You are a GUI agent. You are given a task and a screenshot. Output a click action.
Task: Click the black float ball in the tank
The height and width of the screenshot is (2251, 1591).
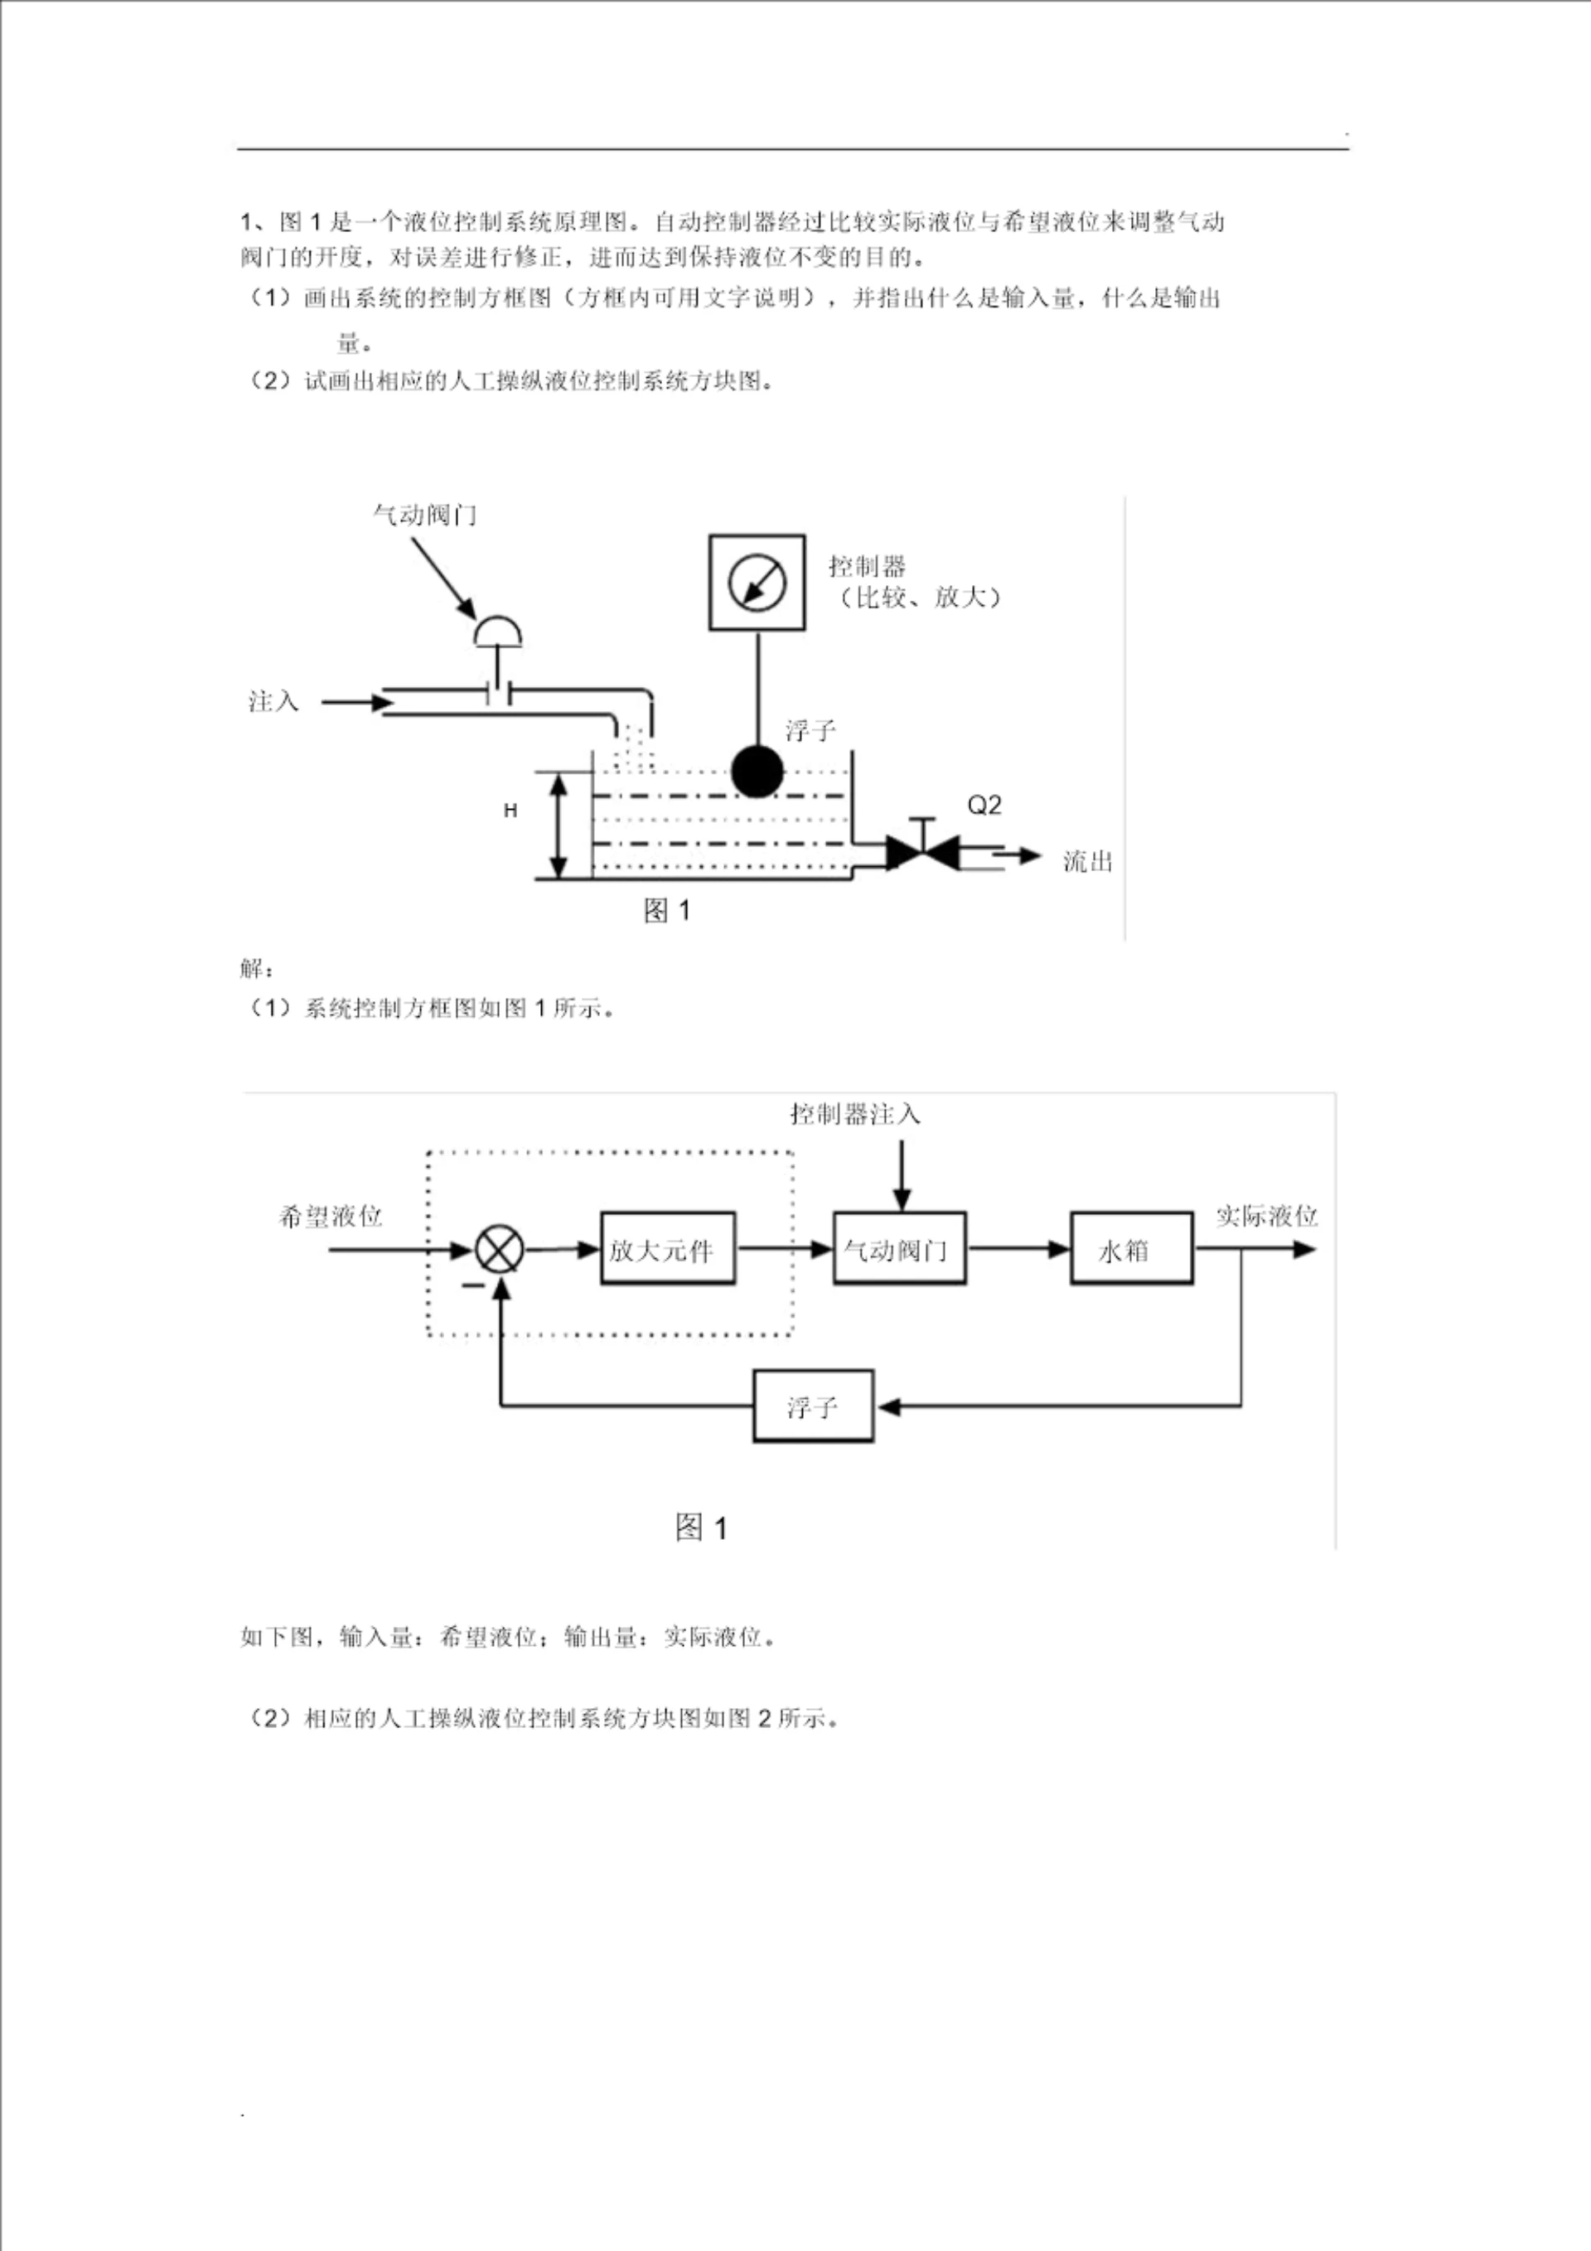click(757, 771)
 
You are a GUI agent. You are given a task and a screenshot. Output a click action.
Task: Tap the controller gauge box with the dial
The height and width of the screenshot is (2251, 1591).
click(757, 583)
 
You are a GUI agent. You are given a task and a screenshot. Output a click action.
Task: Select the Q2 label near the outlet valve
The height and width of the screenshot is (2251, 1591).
click(984, 805)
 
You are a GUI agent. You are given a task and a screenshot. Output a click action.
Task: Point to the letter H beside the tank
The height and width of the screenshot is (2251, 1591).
click(510, 811)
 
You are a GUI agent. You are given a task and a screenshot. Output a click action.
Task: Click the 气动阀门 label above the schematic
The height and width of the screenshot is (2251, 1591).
click(424, 515)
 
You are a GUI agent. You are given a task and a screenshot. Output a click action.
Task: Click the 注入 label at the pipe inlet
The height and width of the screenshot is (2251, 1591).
click(273, 702)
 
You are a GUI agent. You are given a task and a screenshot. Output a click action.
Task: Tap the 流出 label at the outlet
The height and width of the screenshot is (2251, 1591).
click(1088, 862)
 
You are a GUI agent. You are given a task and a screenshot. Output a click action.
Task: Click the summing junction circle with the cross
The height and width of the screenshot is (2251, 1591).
click(499, 1250)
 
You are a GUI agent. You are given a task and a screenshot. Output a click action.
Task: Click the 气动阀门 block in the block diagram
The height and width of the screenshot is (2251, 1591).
click(899, 1249)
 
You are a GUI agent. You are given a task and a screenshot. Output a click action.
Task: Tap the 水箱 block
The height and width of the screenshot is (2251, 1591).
click(1131, 1249)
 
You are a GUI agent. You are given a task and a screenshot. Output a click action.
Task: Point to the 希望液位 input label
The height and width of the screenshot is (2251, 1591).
click(331, 1217)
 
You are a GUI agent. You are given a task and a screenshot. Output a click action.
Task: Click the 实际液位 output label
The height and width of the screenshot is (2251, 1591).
click(1266, 1217)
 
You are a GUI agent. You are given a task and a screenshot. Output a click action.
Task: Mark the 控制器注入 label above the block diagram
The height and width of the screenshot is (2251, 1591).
click(856, 1115)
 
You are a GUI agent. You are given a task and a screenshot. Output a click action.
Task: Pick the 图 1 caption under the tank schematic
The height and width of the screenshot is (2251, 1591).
click(666, 911)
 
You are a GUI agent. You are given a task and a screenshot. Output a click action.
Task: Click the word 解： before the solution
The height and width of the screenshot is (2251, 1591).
click(257, 969)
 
